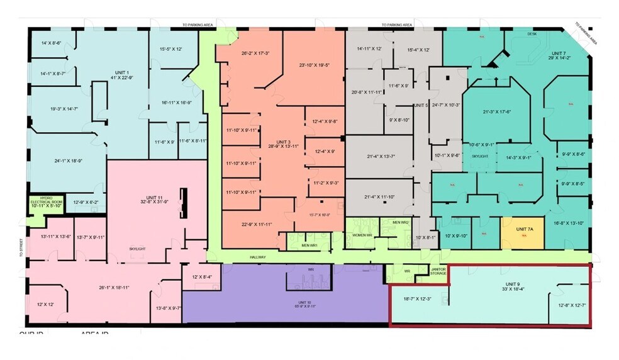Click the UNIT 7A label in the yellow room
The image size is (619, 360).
point(524,229)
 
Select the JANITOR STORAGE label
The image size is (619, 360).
point(438,271)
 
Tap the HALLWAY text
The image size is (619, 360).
point(257,257)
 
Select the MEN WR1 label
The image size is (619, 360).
point(309,245)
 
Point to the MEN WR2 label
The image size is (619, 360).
point(401,222)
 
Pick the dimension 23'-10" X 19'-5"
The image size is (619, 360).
point(315,65)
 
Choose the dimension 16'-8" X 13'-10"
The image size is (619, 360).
point(568,223)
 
